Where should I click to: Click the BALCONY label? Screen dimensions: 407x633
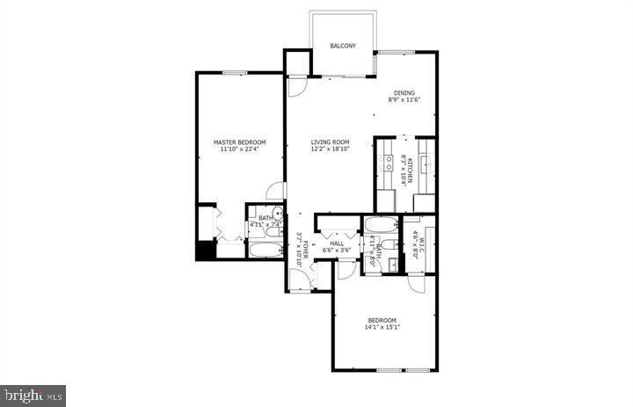click(x=342, y=46)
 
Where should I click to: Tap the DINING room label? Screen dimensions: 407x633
click(x=404, y=93)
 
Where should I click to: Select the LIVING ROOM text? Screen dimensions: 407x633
click(x=330, y=142)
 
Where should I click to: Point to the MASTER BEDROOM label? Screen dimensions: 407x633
click(x=239, y=142)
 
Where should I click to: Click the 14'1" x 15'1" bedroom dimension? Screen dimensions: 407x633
click(x=382, y=327)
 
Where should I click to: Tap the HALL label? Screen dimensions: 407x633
click(x=336, y=243)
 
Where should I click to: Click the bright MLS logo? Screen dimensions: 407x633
click(x=33, y=395)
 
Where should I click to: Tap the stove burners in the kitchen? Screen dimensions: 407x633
click(x=387, y=164)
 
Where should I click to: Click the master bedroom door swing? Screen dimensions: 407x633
click(x=277, y=191)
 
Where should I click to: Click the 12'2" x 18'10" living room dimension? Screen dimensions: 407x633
click(x=330, y=149)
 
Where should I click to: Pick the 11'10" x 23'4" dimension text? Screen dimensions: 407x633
click(x=239, y=149)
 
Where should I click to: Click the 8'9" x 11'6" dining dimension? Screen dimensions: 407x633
click(x=404, y=100)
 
